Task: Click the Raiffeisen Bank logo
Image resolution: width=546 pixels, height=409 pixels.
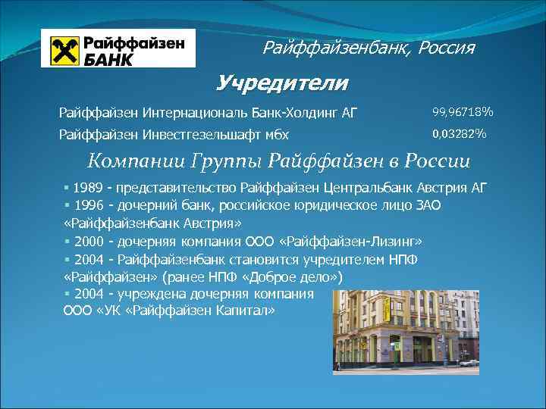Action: (x=118, y=48)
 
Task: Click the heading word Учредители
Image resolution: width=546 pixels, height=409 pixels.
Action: (x=282, y=83)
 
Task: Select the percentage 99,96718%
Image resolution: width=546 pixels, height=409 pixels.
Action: (x=463, y=113)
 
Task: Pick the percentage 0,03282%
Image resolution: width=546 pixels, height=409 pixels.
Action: (x=459, y=135)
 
